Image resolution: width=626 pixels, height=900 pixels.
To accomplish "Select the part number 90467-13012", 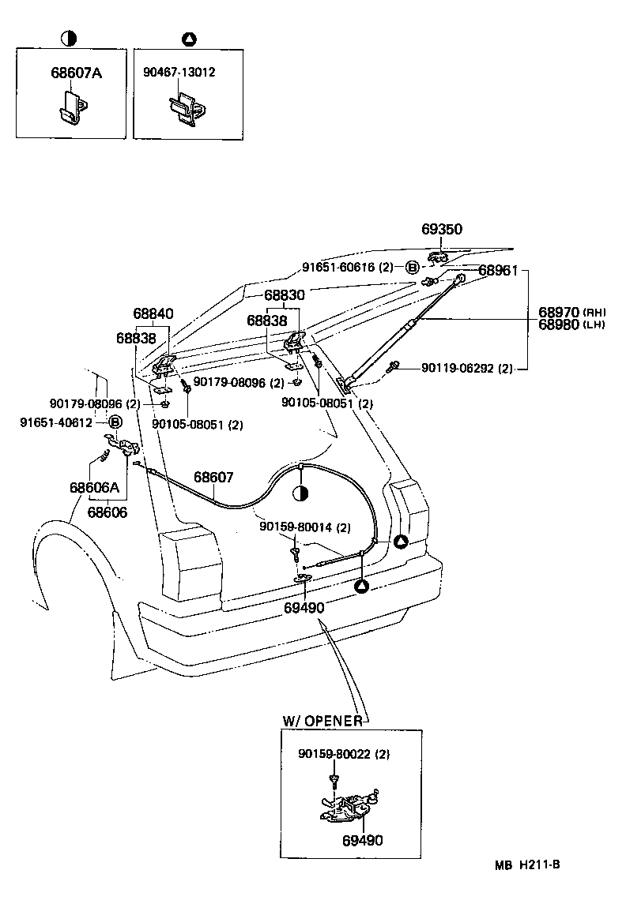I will [x=179, y=72].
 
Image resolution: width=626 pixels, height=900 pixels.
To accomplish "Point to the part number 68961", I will [x=497, y=271].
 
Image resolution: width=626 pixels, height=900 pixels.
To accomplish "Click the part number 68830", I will [x=284, y=294].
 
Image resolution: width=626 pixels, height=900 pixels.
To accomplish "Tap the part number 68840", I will [x=153, y=313].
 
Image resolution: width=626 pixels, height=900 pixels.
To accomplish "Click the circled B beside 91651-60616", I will [x=412, y=267].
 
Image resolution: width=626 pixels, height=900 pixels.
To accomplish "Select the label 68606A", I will [x=94, y=487].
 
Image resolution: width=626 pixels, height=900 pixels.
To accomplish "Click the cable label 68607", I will [x=213, y=478].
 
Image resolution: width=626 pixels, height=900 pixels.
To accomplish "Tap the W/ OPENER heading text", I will [x=322, y=721].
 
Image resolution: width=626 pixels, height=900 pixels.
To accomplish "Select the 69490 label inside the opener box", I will [x=362, y=840].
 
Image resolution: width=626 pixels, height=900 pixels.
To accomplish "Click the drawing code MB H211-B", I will [x=527, y=864].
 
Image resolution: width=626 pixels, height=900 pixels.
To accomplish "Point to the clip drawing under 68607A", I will [x=72, y=108].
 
